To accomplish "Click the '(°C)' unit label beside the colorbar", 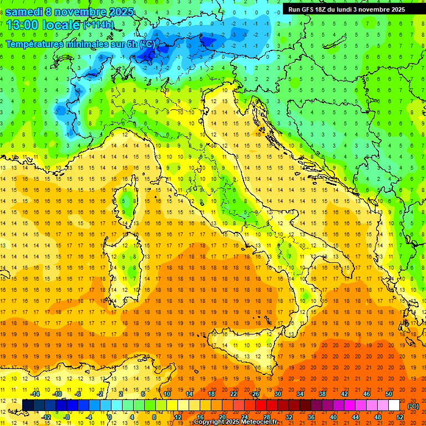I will coord(413,406).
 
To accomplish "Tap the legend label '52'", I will coord(400,417).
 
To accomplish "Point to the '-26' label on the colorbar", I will coord(255,394).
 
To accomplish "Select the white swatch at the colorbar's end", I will coord(394,405).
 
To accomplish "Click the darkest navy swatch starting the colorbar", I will coord(28,405).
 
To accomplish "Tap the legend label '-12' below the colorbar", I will coord(46,417).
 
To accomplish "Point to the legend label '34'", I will coord(300,394).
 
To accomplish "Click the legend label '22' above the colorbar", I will coord(234,394).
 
